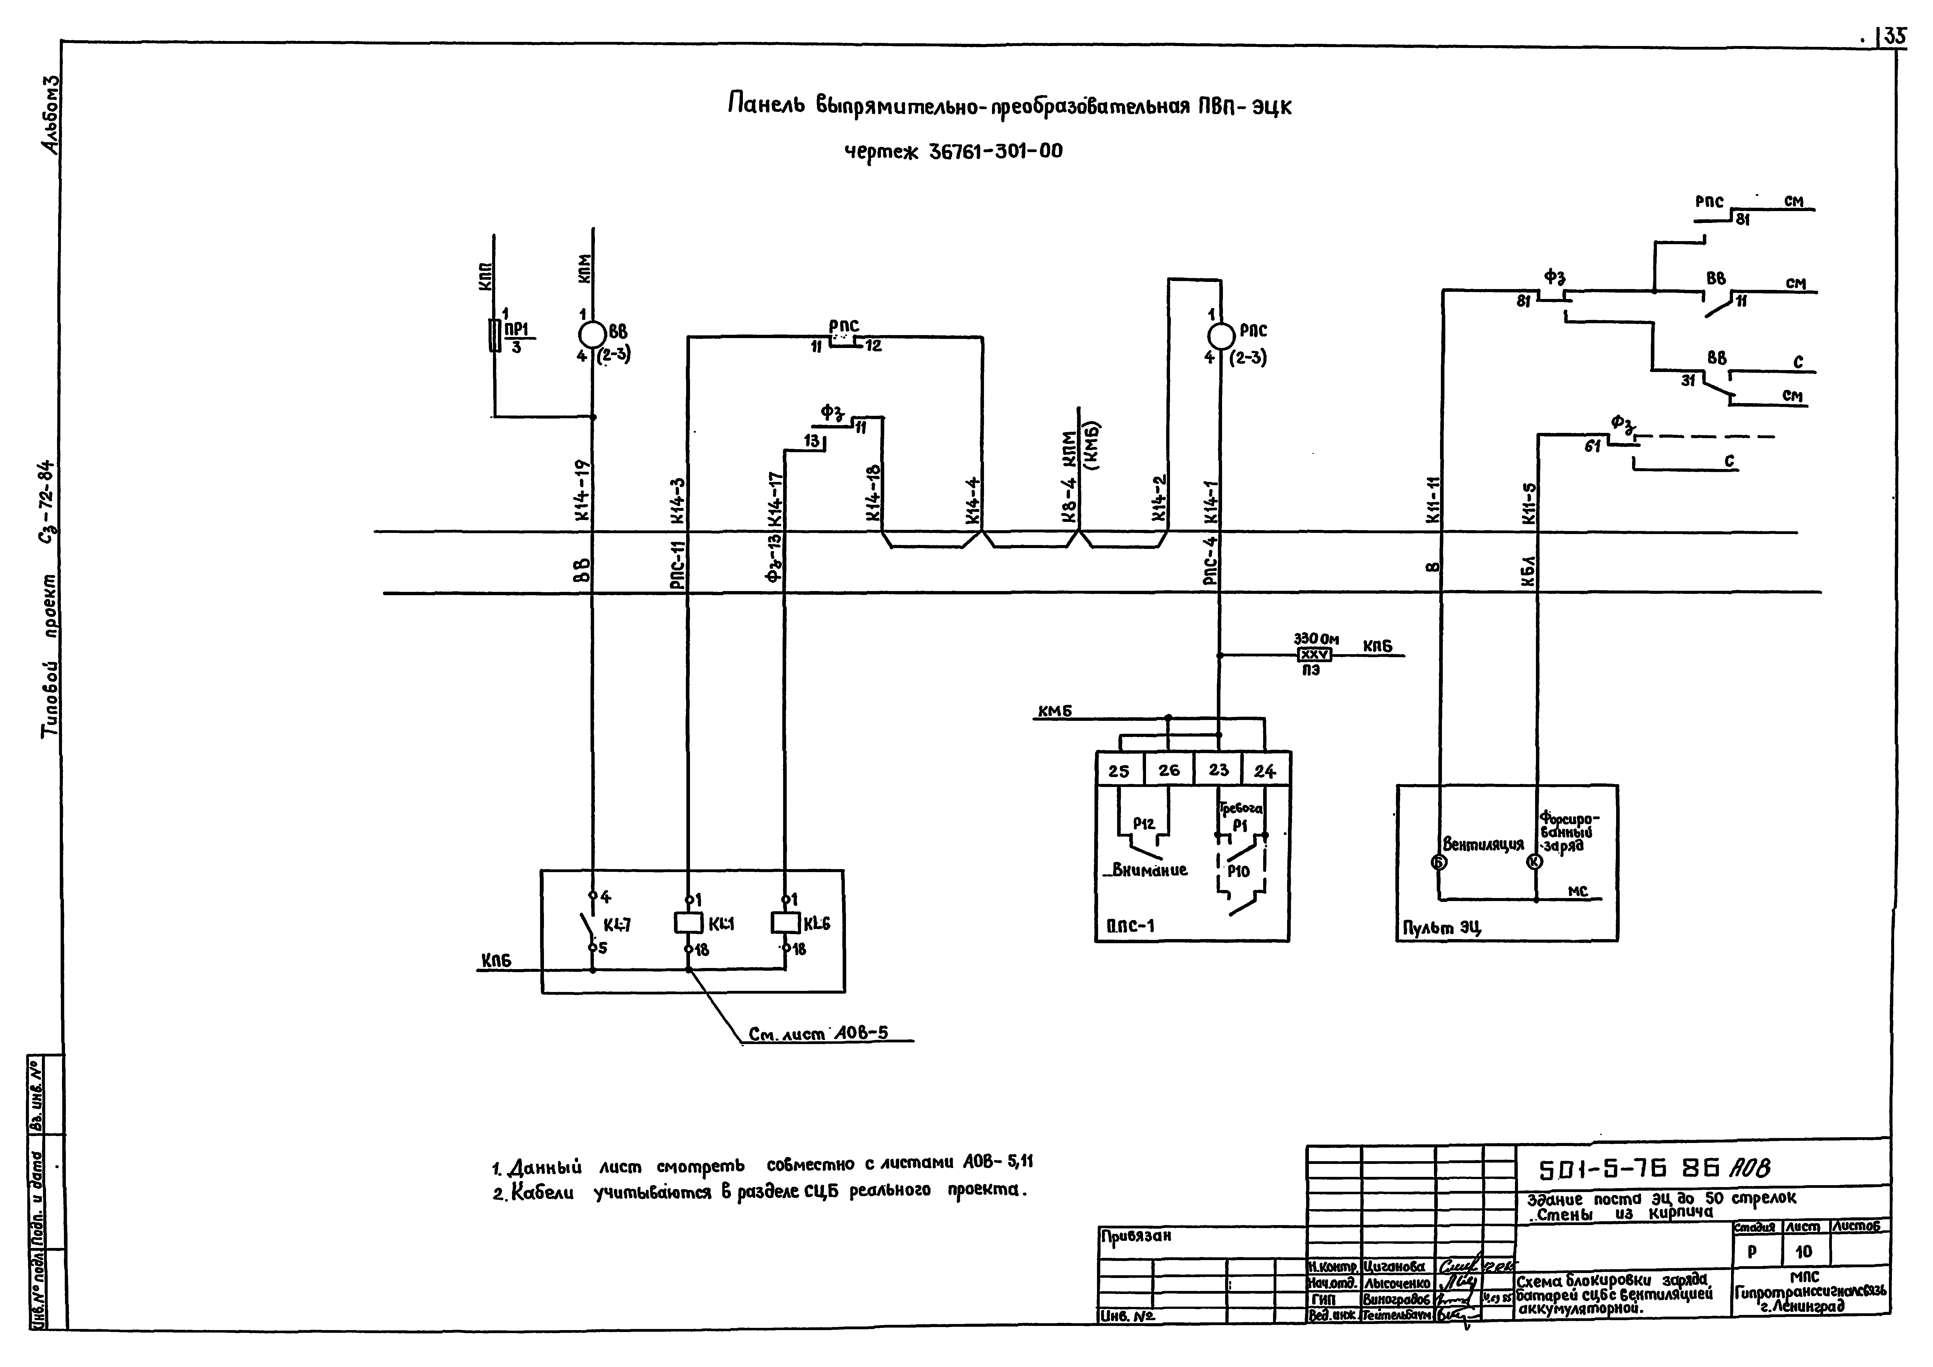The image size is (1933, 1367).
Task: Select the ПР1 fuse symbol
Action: click(494, 335)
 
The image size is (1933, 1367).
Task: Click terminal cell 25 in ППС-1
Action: click(1119, 770)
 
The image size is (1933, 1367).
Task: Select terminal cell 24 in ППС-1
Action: click(1265, 770)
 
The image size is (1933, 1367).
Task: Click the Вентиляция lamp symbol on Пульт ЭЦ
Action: click(1438, 862)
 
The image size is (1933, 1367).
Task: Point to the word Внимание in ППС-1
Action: click(1149, 870)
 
